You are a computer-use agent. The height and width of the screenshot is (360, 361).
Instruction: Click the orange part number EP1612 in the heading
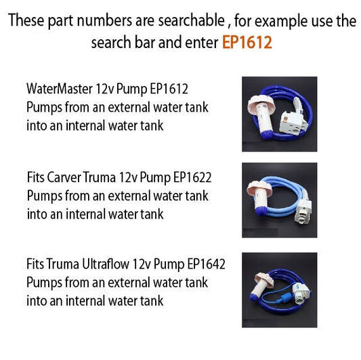coord(247,42)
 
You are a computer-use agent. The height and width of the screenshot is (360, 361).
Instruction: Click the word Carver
coord(66,179)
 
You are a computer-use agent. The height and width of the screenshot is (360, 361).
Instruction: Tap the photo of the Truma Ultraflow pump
coord(279,286)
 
